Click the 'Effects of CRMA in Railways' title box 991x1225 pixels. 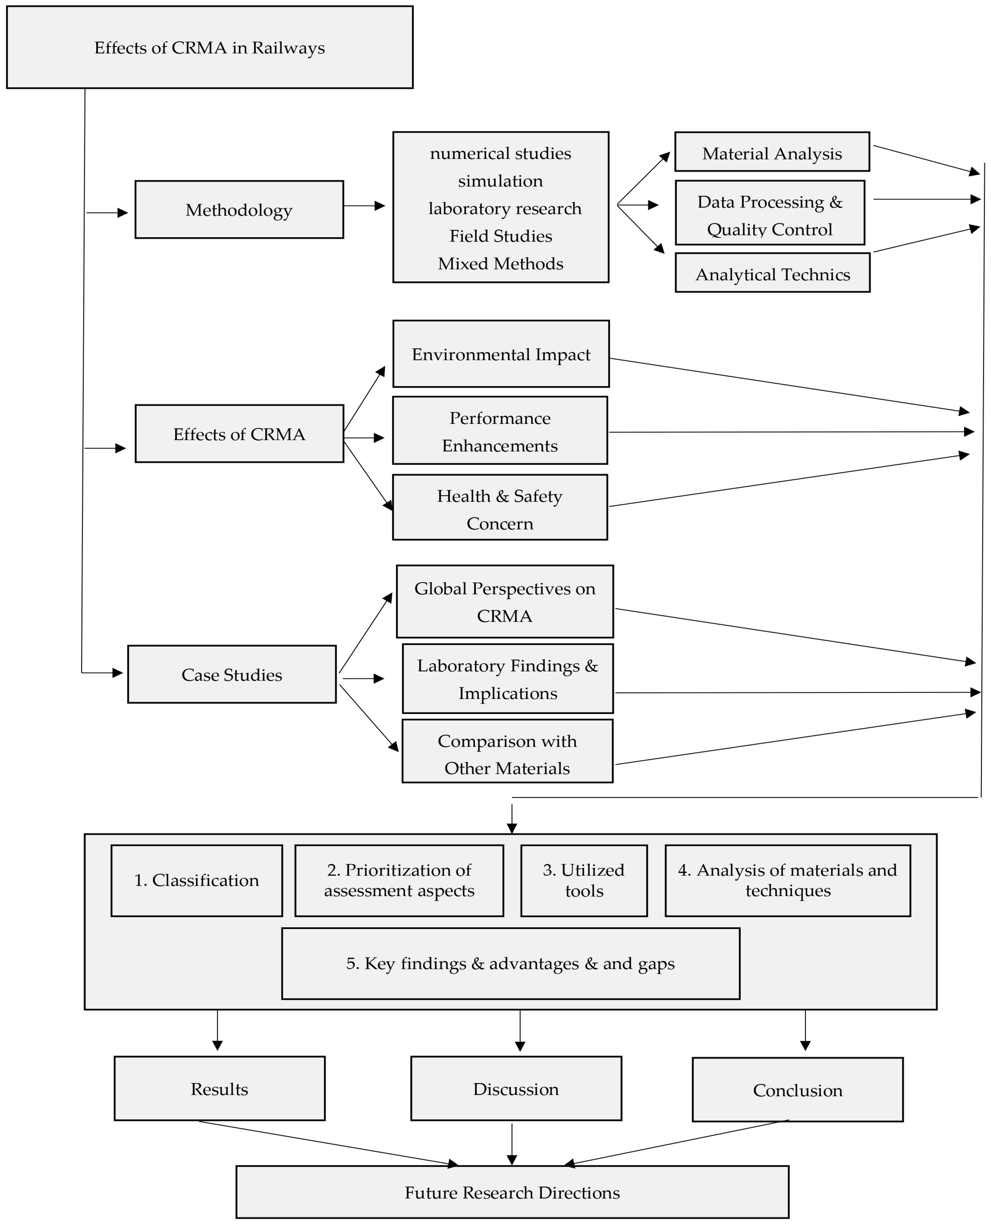point(210,47)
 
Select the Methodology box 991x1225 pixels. point(239,210)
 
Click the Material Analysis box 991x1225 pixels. point(772,152)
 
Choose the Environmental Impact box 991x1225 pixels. point(501,354)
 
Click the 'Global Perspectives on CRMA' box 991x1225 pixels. point(505,602)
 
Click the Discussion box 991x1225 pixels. point(515,1089)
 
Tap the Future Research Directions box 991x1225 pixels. point(512,1192)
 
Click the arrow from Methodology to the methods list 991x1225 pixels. point(364,206)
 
